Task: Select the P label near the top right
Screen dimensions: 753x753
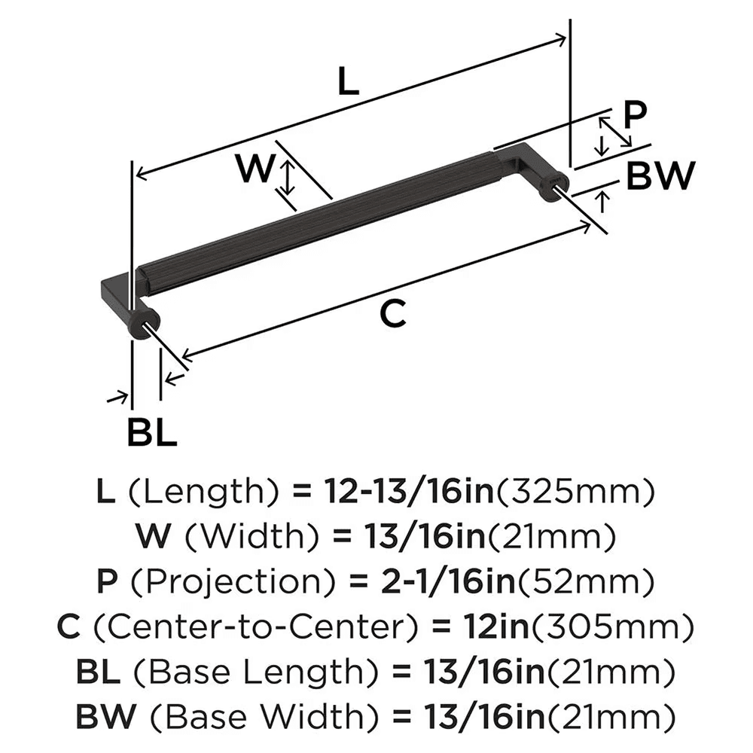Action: (x=635, y=115)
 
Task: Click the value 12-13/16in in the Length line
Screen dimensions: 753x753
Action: (x=408, y=493)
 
